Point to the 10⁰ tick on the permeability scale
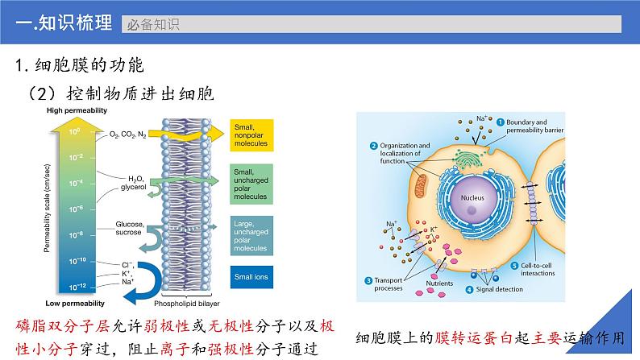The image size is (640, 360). coord(73,130)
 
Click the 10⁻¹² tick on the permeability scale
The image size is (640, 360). coord(73,286)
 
